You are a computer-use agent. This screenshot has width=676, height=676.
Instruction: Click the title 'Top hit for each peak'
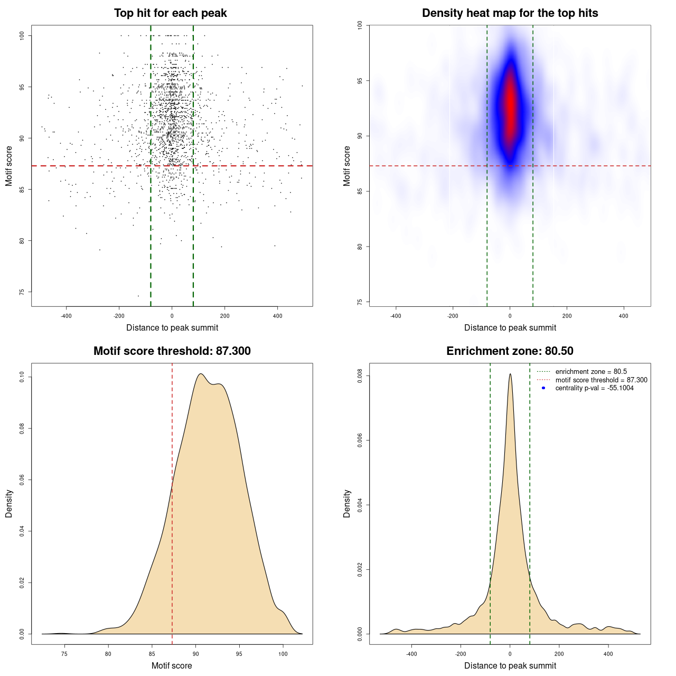tap(171, 13)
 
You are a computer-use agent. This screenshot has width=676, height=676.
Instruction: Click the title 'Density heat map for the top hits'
tap(510, 13)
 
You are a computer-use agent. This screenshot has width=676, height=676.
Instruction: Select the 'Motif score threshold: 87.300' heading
tap(172, 351)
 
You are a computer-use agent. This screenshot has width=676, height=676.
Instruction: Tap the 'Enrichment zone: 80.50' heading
tap(510, 351)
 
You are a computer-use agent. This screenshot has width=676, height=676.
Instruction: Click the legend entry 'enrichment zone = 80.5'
tap(590, 372)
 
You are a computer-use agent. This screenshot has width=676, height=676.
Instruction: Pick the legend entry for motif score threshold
tap(601, 380)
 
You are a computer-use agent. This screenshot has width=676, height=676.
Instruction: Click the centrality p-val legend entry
tap(594, 388)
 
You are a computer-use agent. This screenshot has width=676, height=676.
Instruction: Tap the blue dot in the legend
tap(543, 388)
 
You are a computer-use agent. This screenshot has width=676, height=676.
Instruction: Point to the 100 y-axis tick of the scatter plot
tap(22, 35)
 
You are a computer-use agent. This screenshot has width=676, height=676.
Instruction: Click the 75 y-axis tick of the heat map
tap(360, 302)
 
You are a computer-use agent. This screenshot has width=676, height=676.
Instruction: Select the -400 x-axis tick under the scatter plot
tap(66, 316)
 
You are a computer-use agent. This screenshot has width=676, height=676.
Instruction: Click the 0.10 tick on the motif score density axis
tap(22, 377)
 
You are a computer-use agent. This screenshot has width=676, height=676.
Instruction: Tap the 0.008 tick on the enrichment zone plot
tap(360, 376)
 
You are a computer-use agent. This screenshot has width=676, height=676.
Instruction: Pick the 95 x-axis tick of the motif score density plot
tap(239, 654)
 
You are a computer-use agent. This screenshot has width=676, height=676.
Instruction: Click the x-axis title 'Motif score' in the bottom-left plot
tap(172, 665)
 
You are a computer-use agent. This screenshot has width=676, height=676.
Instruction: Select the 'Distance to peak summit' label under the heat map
tap(510, 327)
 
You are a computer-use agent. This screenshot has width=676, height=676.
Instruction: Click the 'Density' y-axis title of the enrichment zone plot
tap(347, 503)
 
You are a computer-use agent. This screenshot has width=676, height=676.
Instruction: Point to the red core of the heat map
tap(510, 103)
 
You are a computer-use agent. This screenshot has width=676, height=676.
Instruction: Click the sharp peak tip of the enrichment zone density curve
tap(510, 374)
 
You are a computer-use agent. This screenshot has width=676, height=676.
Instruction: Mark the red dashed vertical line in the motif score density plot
tap(172, 502)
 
